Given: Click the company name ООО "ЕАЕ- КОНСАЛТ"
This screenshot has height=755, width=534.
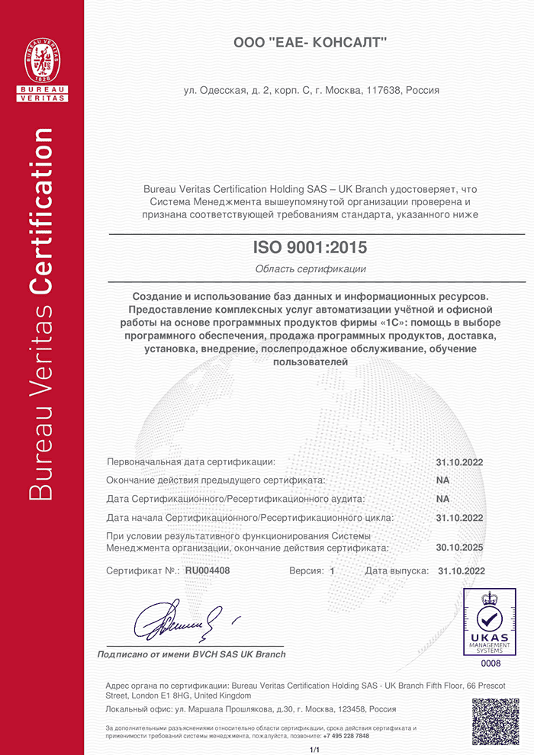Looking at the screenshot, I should (x=310, y=44).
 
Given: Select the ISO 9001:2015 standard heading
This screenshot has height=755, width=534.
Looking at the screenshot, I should (x=310, y=248).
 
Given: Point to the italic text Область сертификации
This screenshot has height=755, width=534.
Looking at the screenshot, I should (x=310, y=268).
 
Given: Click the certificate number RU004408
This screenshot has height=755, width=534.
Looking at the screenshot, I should (x=207, y=570).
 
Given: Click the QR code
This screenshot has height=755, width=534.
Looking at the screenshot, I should (x=495, y=721).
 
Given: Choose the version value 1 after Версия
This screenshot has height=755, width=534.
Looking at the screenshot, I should (x=333, y=570).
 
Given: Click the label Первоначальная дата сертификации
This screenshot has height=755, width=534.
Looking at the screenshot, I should (x=191, y=462).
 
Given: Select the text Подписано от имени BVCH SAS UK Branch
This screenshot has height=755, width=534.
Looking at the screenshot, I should (x=191, y=654).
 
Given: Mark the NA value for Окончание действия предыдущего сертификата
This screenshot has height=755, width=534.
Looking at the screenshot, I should (x=442, y=480).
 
